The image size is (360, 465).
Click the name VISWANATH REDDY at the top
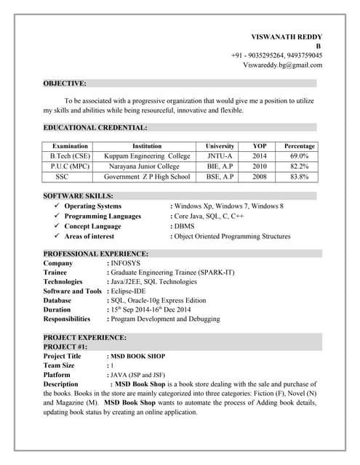(x=287, y=36)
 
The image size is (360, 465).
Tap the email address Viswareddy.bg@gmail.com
(x=282, y=65)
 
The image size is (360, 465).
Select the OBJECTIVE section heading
(x=65, y=84)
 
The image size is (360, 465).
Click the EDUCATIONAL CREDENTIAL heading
(x=95, y=127)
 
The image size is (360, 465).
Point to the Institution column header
(x=147, y=146)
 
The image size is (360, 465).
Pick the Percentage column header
(x=300, y=146)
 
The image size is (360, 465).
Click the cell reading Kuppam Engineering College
(x=147, y=156)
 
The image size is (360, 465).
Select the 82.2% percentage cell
(x=300, y=166)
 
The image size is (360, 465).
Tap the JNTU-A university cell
(x=220, y=156)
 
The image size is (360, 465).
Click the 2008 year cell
(x=260, y=177)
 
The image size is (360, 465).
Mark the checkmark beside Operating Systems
(x=57, y=206)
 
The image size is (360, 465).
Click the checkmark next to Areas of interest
(x=57, y=236)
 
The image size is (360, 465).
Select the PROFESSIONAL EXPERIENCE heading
(x=96, y=254)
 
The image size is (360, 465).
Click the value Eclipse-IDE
(x=134, y=291)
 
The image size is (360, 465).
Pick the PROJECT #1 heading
(x=65, y=347)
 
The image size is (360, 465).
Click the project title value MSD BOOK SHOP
(x=137, y=357)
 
